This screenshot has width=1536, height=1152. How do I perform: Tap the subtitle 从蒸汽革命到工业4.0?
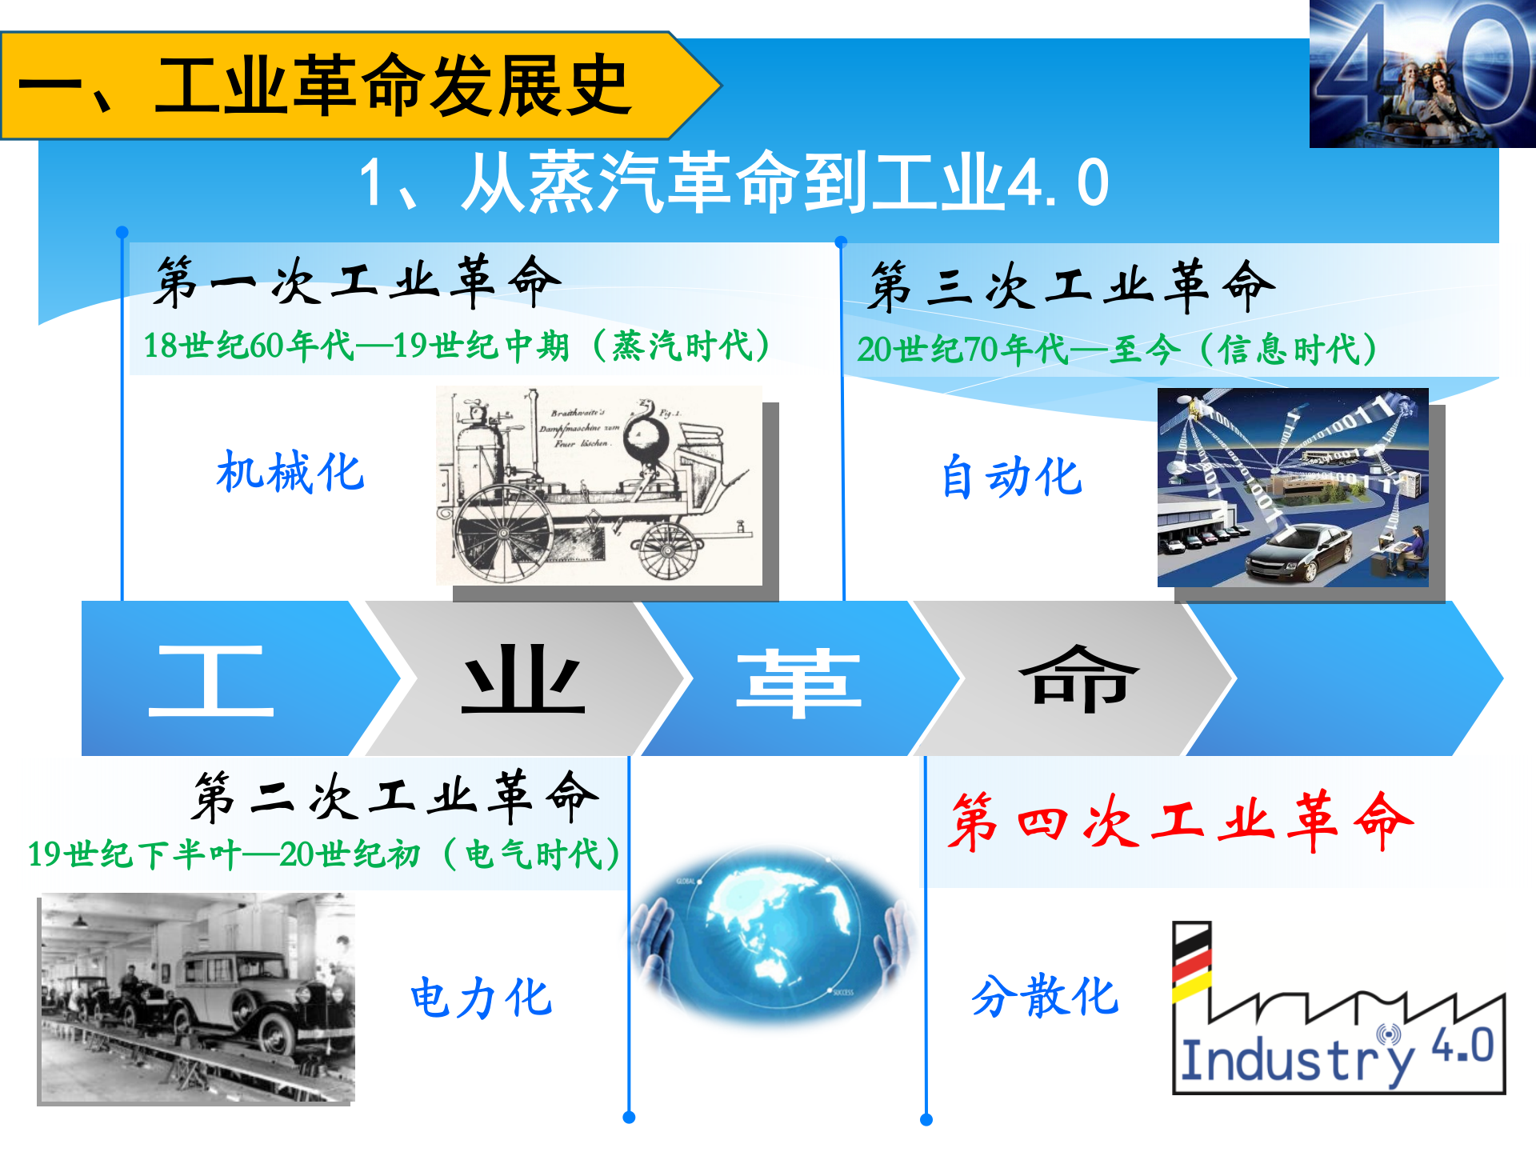pos(733,183)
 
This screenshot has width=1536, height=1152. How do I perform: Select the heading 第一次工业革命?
pos(357,282)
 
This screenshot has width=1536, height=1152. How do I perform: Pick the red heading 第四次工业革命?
pos(1180,821)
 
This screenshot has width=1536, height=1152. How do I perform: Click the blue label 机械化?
pos(290,472)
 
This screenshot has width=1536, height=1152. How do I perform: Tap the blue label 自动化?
pos(1011,477)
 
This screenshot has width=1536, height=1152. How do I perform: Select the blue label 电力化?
pos(481,998)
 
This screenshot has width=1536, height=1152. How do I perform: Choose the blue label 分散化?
pos(1045,996)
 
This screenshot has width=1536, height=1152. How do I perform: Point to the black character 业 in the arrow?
pos(523,680)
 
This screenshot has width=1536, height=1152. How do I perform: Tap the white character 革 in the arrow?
pos(798,682)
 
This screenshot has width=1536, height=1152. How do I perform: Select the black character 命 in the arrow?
pos(1078,680)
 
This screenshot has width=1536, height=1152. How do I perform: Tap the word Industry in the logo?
pos(1296,1061)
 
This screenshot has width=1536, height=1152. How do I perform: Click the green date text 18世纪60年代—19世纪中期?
pos(356,346)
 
